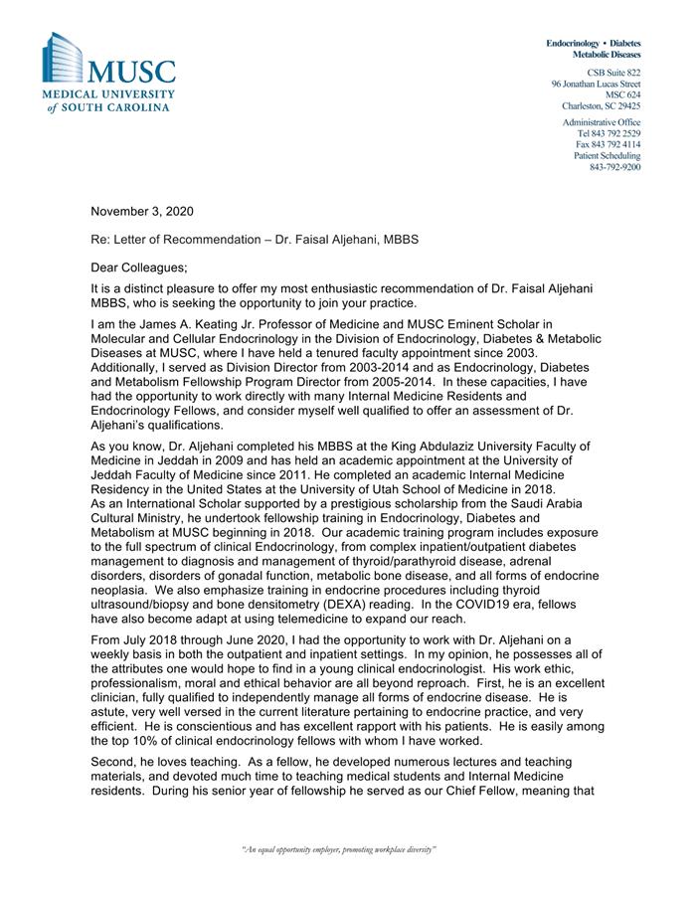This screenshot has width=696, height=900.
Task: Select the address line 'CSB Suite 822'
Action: [x=612, y=74]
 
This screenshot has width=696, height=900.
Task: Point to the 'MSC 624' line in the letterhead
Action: [x=623, y=94]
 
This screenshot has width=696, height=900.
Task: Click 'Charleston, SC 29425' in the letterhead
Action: [x=601, y=105]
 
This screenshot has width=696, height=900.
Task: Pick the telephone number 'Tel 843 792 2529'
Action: [x=609, y=133]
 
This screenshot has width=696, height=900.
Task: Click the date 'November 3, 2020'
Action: [x=142, y=211]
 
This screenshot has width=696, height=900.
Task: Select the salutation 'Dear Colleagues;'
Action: [x=138, y=267]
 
